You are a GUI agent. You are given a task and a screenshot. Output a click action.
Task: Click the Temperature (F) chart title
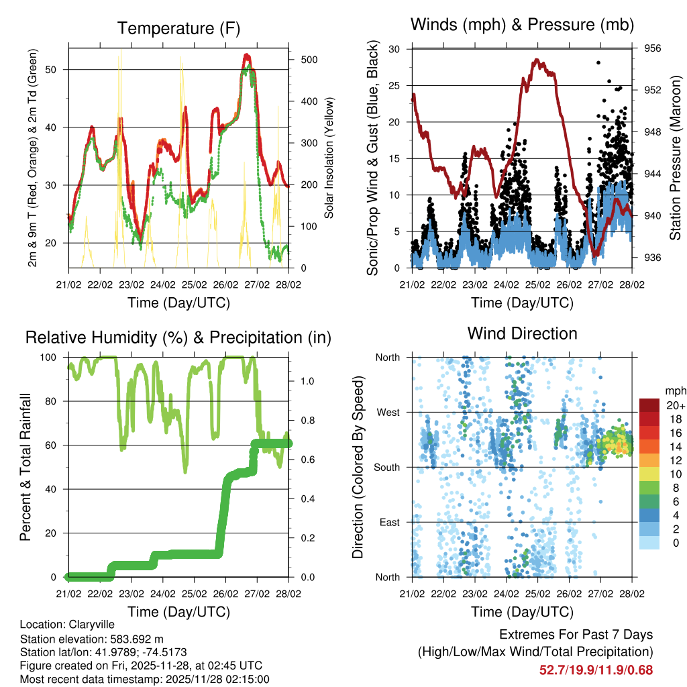tap(178, 29)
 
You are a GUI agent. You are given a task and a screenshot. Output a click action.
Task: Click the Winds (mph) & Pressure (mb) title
tap(523, 25)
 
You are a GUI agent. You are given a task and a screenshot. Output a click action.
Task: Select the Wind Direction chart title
tap(522, 333)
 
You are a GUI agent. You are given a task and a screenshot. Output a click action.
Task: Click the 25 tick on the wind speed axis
tap(396, 85)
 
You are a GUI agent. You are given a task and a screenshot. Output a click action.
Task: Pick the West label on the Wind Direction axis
tap(388, 412)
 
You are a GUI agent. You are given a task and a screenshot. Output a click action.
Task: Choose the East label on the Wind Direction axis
tap(389, 522)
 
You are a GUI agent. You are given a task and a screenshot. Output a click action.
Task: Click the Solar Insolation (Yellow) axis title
tap(329, 157)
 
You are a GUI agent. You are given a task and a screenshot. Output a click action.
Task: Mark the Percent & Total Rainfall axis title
tap(25, 467)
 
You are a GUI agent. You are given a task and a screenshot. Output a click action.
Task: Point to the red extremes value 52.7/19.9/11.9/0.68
tap(596, 670)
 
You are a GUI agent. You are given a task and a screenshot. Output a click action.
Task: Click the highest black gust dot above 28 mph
tap(598, 62)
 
